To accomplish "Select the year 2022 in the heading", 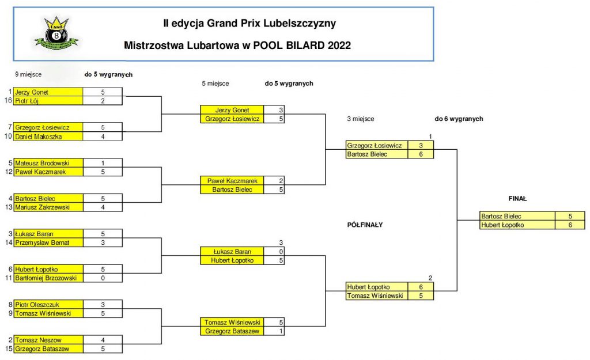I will pyautogui.click(x=339, y=45).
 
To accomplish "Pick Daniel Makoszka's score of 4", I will pyautogui.click(x=103, y=137).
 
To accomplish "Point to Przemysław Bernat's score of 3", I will pyautogui.click(x=103, y=242).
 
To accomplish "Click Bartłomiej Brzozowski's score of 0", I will pyautogui.click(x=103, y=278).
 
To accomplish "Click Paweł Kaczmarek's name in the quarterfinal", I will pyautogui.click(x=231, y=181).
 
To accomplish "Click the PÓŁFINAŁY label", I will pyautogui.click(x=361, y=225).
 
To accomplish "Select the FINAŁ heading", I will pyautogui.click(x=517, y=199).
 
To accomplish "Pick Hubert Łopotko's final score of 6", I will pyautogui.click(x=569, y=225).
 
